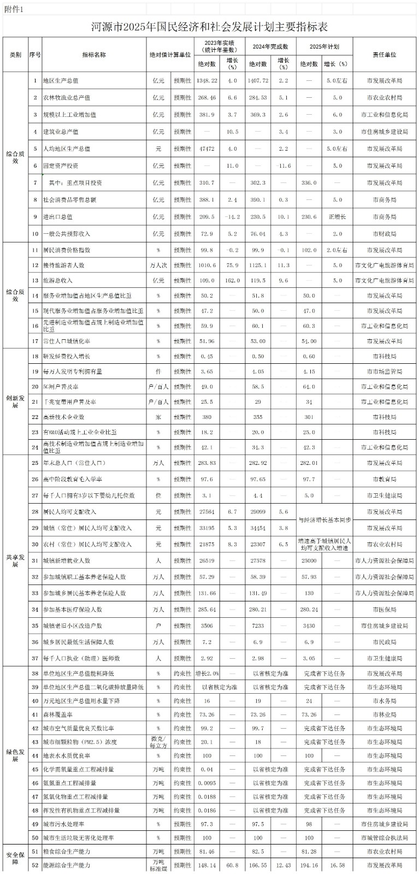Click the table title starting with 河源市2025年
[x=209, y=27]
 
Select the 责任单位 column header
[x=385, y=55]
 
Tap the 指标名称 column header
[x=94, y=55]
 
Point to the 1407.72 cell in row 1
[x=258, y=80]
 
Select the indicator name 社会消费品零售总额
[x=69, y=200]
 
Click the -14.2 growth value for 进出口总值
[x=232, y=217]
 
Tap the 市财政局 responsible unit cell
[x=385, y=234]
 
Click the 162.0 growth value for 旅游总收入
[x=232, y=281]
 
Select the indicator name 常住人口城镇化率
[x=67, y=341]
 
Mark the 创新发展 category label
[x=15, y=401]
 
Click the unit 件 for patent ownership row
[x=158, y=371]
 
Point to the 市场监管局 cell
[x=385, y=371]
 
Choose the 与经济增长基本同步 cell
[x=324, y=519]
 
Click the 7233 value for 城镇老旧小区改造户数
[x=258, y=626]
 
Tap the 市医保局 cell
[x=385, y=610]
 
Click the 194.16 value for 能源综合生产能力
[x=309, y=865]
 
